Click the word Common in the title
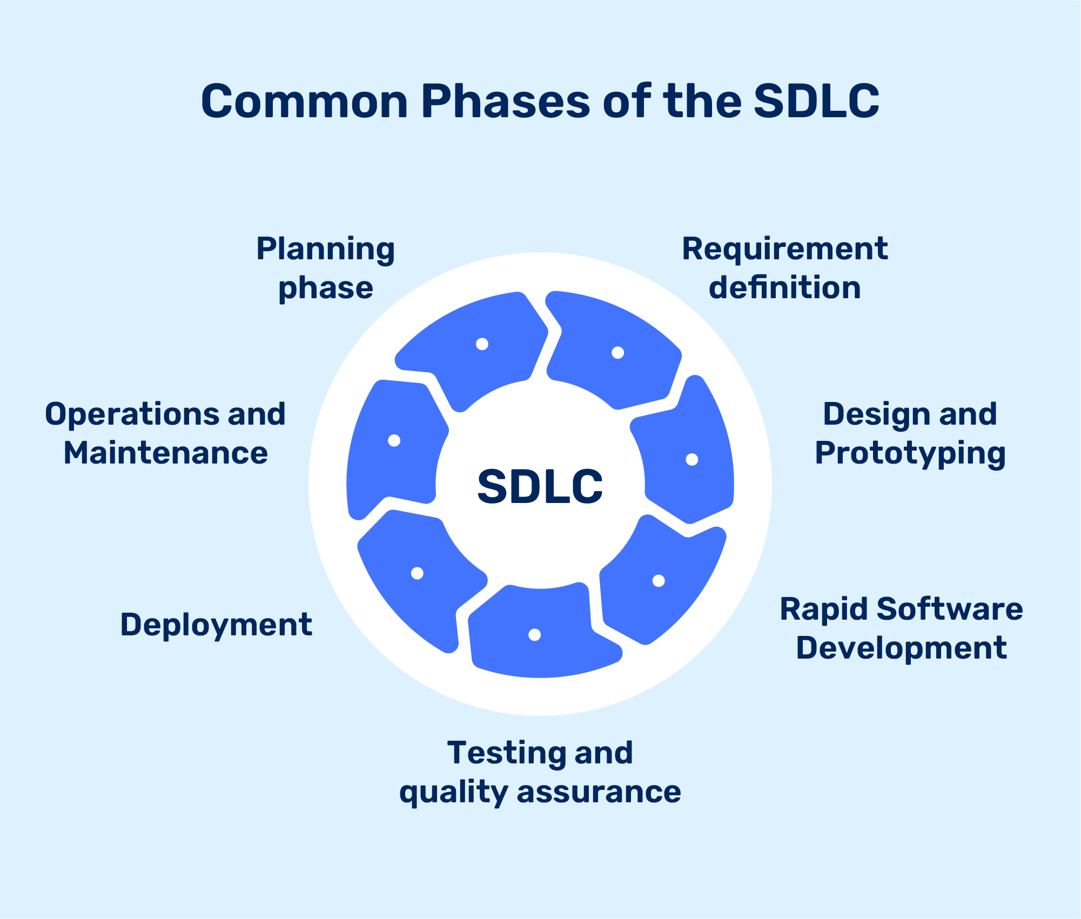304,102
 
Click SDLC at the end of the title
816,102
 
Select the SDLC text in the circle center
540,487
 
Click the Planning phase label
325,269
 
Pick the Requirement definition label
784,269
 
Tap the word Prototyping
910,453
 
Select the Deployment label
216,625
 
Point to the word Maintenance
165,453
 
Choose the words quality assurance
540,792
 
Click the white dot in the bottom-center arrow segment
534,635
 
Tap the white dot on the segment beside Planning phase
482,344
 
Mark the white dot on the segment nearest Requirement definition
617,353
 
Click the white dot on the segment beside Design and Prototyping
691,459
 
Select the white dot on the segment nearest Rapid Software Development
658,581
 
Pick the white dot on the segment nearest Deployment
417,573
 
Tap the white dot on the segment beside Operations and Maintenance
394,440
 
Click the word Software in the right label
949,609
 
